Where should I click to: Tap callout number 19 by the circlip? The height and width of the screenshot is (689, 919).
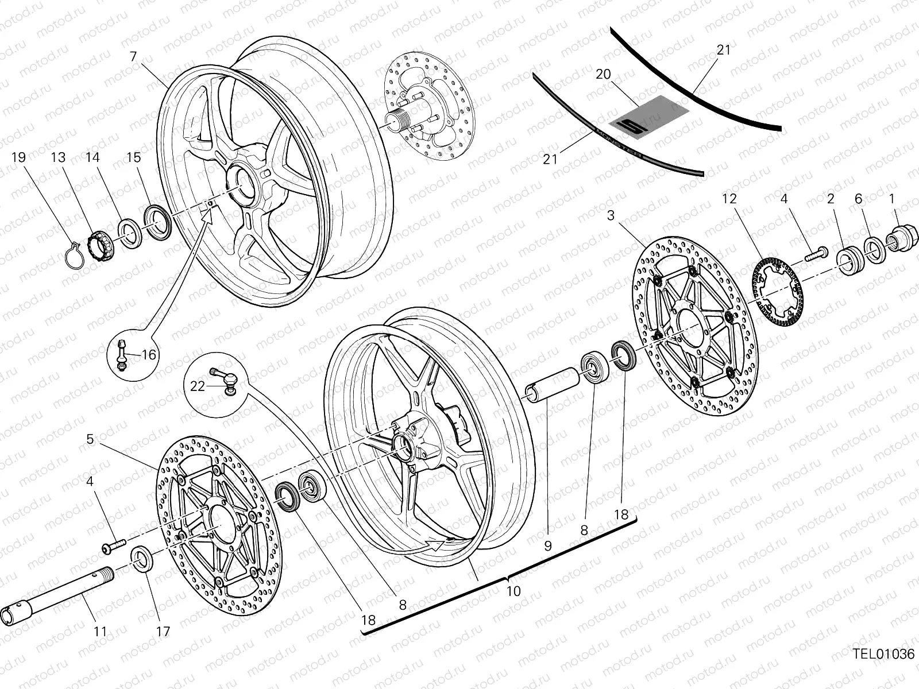pyautogui.click(x=18, y=157)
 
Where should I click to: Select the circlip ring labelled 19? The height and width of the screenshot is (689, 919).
pyautogui.click(x=76, y=255)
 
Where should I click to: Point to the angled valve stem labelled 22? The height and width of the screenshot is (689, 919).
pyautogui.click(x=224, y=378)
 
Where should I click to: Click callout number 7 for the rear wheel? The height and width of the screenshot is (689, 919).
pyautogui.click(x=133, y=56)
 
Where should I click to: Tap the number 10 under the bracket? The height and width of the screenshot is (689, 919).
pyautogui.click(x=513, y=591)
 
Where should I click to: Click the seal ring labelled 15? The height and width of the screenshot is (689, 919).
pyautogui.click(x=158, y=222)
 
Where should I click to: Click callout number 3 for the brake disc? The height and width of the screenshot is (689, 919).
pyautogui.click(x=611, y=215)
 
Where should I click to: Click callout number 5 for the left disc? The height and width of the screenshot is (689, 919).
pyautogui.click(x=90, y=439)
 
